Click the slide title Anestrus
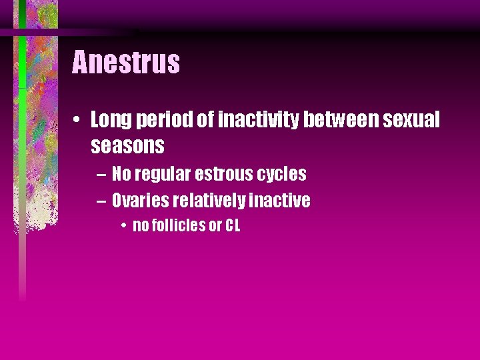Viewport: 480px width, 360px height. tap(126, 63)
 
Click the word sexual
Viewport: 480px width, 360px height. tap(412, 120)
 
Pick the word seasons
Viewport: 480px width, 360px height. tap(127, 145)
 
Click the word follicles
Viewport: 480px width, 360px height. tap(178, 225)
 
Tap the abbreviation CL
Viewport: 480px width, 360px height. tap(232, 225)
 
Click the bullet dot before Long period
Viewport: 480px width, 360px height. tap(79, 121)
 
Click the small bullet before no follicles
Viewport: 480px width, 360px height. tap(125, 226)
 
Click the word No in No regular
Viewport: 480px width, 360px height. tap(121, 174)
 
